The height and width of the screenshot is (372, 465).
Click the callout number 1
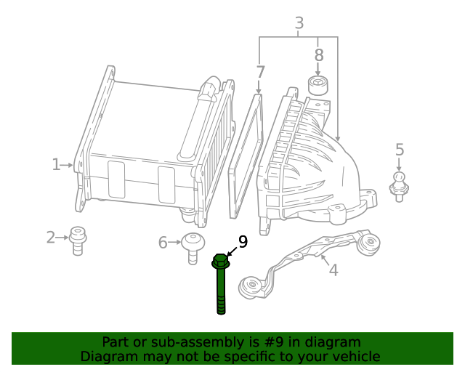point(56,165)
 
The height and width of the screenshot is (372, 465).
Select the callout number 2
point(51,237)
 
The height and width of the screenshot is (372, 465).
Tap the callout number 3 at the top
point(299,23)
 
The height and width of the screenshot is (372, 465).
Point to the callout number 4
point(333,270)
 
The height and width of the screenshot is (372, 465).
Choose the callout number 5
point(399,150)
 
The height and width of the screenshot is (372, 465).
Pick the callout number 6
point(163,242)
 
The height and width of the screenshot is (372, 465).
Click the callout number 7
point(260,72)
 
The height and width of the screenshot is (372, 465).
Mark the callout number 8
point(318,55)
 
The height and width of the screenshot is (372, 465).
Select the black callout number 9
point(243,242)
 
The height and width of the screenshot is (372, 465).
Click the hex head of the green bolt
point(221,261)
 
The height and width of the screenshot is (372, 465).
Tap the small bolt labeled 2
point(77,239)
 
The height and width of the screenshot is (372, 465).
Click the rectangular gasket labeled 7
point(245,154)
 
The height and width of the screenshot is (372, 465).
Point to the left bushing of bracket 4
point(254,288)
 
